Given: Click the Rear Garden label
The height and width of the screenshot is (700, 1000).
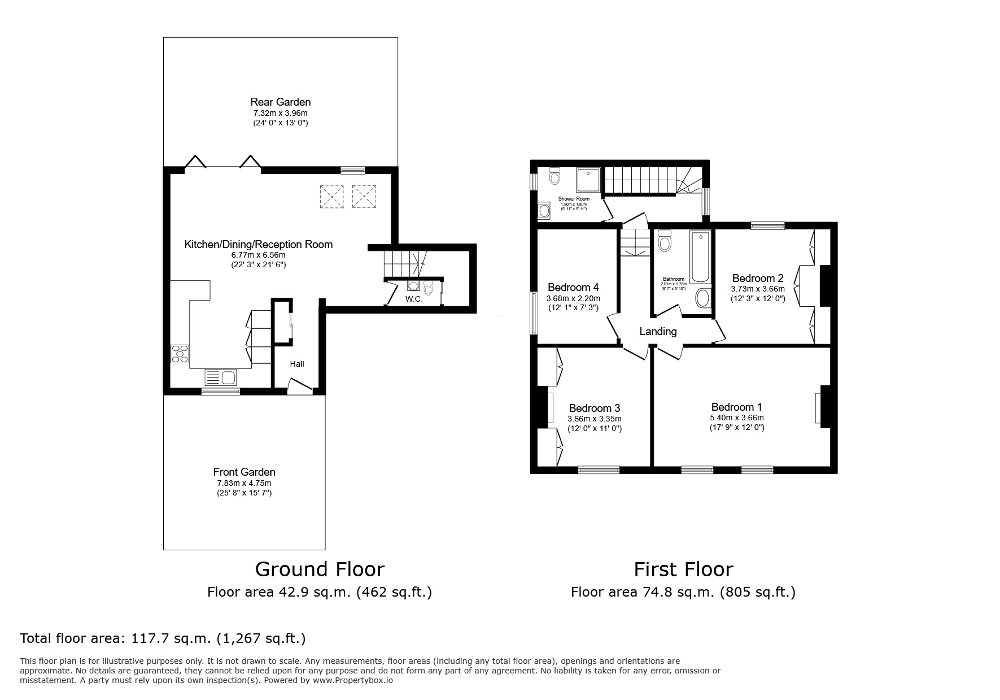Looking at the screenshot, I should [280, 102].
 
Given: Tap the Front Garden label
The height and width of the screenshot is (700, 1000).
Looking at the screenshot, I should [244, 472].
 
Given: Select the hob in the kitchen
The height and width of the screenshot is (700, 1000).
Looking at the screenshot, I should [180, 354].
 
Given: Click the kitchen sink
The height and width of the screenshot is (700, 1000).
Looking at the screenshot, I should [221, 377].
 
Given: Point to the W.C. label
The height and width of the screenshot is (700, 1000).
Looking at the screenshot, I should [414, 299].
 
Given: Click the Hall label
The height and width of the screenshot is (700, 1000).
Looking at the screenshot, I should [297, 364].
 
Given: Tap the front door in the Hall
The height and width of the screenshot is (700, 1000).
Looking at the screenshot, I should [300, 387].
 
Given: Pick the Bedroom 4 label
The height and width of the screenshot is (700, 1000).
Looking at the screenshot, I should [573, 288].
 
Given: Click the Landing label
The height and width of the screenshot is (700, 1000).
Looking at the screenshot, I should [658, 332].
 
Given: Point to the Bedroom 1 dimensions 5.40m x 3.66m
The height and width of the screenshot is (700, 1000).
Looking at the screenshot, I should [737, 418].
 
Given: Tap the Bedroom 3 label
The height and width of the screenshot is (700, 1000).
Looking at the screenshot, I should [594, 408].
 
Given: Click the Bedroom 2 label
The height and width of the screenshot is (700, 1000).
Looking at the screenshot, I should [757, 279].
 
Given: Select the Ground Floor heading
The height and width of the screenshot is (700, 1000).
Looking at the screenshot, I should [320, 569].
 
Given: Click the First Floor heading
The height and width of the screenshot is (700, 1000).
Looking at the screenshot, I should [683, 569].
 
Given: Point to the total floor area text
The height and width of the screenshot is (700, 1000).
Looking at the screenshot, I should [163, 639].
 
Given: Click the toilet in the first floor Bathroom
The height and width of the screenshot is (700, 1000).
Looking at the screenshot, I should [665, 242].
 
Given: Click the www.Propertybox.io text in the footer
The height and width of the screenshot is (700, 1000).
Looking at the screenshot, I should [353, 681].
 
